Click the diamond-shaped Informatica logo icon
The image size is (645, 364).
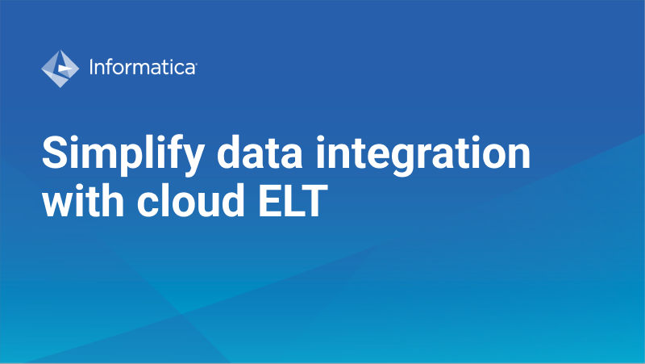(x=60, y=69)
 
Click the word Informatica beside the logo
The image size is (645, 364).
(x=143, y=67)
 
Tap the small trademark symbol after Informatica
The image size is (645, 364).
(x=196, y=64)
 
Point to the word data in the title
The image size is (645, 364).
(x=260, y=153)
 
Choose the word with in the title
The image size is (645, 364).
(x=83, y=200)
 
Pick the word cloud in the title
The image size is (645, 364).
(x=191, y=200)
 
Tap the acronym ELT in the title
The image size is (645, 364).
(x=293, y=201)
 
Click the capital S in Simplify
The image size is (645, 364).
(x=56, y=153)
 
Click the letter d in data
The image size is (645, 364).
(x=229, y=153)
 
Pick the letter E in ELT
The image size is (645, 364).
(x=269, y=201)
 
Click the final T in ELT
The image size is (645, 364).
(x=314, y=201)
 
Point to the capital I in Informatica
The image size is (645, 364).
(x=91, y=67)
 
